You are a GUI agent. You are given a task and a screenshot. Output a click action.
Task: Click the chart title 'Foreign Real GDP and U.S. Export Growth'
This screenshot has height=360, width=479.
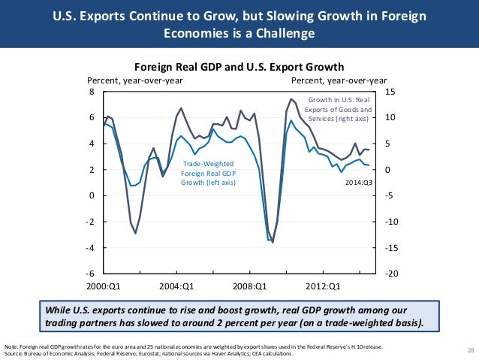[x=238, y=65]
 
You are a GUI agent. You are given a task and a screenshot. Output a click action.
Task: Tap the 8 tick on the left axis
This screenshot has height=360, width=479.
[x=92, y=92]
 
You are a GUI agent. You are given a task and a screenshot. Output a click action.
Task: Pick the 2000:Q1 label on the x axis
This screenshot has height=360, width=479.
[x=104, y=286]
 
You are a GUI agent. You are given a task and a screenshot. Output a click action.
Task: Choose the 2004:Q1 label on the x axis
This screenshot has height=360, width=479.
[x=177, y=286]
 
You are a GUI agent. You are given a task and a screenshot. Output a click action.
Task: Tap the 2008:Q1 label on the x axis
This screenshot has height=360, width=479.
[x=250, y=286]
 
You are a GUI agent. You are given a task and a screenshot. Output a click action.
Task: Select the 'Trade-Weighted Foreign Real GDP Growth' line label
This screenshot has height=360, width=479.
[x=208, y=172]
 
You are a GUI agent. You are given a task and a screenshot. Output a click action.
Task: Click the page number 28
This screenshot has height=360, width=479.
[x=471, y=351]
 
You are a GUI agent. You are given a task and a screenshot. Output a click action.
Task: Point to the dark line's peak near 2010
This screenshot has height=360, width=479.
[x=291, y=99]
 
